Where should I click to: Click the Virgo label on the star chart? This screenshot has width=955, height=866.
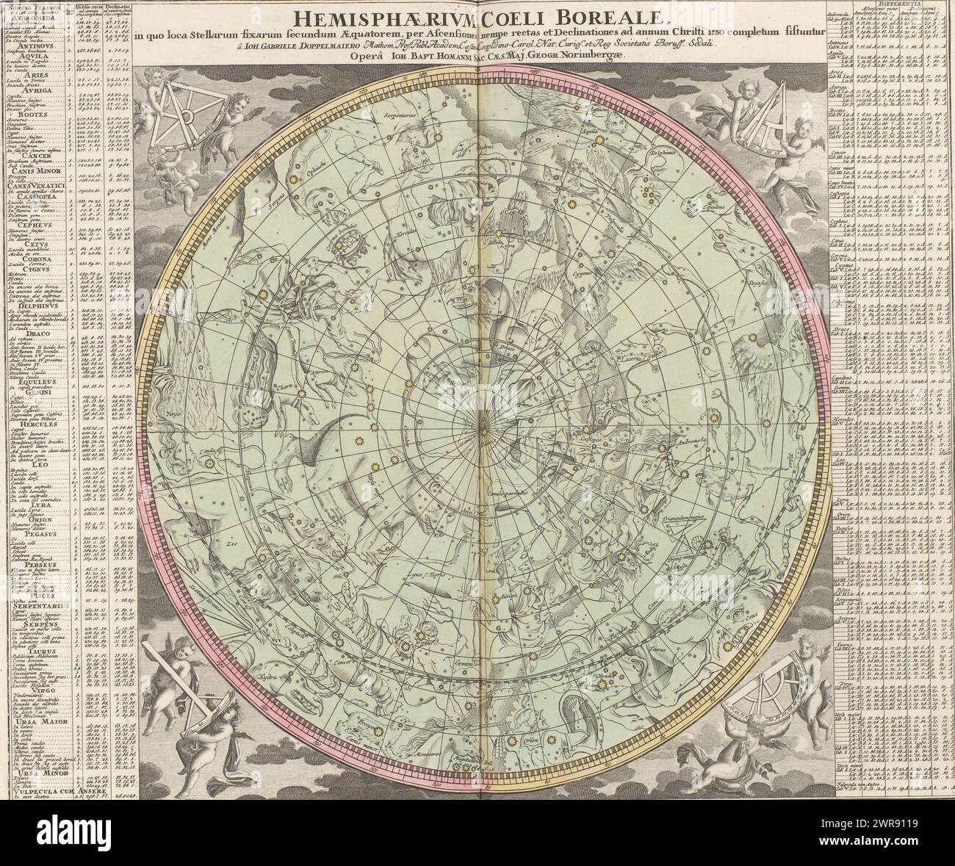(x=173, y=414)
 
